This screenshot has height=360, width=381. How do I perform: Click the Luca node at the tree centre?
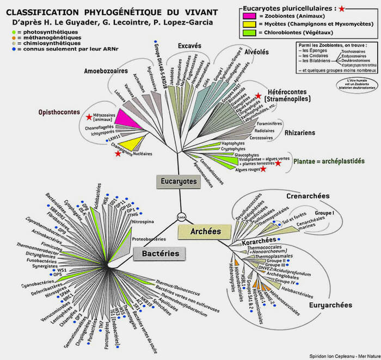(182, 217)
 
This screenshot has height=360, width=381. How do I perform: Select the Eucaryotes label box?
(176, 181)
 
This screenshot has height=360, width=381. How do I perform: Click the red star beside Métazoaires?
(89, 117)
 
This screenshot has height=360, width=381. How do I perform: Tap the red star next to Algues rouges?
(263, 169)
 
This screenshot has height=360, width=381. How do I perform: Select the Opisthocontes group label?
(57, 112)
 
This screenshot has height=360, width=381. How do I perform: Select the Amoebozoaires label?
(107, 71)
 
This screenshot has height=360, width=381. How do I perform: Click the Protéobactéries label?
(149, 238)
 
